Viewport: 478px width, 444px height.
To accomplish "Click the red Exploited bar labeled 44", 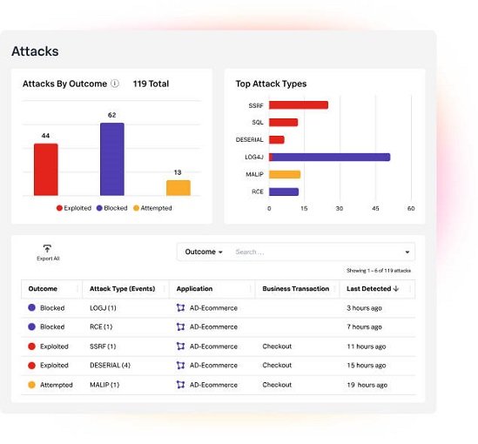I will (x=45, y=169).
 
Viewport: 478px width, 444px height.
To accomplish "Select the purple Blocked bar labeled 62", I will (x=111, y=158).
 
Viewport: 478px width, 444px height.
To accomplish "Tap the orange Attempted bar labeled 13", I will (x=178, y=187).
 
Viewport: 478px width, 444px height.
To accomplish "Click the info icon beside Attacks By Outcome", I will (x=115, y=84).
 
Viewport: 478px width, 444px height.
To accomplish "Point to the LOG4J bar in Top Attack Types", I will (x=329, y=157).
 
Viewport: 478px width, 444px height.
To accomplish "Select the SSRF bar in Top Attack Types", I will (x=298, y=105).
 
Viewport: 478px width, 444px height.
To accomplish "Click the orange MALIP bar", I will (x=284, y=174).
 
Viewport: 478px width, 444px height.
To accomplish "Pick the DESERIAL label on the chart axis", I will (x=249, y=139).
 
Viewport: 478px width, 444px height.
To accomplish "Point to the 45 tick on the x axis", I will (x=375, y=209).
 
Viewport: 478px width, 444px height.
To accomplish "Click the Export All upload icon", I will (x=48, y=248).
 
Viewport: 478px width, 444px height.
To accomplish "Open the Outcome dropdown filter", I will (x=204, y=252).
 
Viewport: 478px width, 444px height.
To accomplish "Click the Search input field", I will (x=313, y=252).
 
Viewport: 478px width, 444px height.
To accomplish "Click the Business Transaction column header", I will (x=296, y=289).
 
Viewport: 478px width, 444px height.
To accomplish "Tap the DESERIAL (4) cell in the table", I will (x=110, y=366).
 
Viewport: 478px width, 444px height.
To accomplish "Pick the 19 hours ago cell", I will (x=366, y=385).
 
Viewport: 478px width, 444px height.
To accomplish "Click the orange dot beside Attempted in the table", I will (x=32, y=385).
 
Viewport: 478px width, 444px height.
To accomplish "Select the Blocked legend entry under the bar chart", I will (x=112, y=208).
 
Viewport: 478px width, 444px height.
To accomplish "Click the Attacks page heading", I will (x=35, y=51).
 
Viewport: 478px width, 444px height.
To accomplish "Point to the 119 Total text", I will (x=151, y=84).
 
